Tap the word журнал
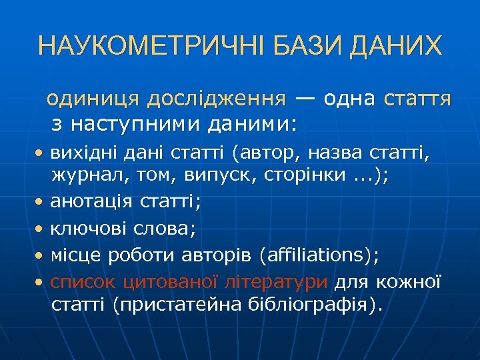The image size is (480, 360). (84, 175)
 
